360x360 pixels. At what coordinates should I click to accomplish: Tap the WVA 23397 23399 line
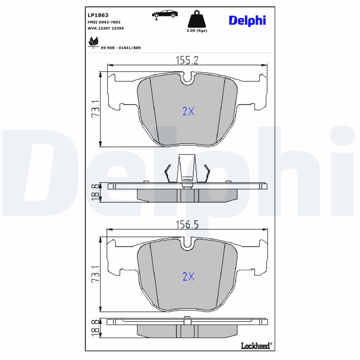105,28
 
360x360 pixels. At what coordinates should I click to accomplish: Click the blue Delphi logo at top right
247,20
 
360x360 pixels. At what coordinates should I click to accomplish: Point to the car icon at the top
165,14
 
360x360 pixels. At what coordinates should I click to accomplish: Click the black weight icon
197,19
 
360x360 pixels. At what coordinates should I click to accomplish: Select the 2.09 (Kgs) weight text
197,31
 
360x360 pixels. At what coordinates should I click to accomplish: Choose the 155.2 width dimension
186,60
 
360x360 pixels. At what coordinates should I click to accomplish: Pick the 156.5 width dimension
186,225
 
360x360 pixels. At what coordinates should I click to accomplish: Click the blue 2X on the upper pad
188,111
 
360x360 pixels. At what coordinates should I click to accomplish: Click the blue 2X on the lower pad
188,276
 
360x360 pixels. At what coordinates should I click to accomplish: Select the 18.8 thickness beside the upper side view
95,192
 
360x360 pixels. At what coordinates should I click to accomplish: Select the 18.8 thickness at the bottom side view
95,328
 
